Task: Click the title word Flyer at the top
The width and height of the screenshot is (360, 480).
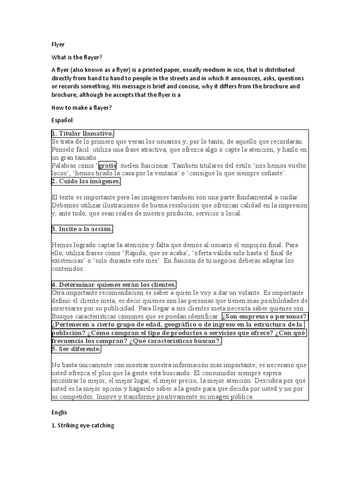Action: pos(58,45)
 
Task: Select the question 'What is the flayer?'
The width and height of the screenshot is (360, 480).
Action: pos(76,57)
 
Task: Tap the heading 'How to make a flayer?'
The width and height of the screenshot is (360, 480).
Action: pos(81,107)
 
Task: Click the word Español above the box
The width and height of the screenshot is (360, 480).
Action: pos(62,120)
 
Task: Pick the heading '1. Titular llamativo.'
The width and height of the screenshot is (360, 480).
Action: pos(82,134)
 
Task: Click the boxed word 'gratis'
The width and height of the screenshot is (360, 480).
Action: pos(107,165)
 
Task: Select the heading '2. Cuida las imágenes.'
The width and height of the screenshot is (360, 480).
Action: pos(86,181)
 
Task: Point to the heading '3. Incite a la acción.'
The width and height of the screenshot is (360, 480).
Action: pos(82,229)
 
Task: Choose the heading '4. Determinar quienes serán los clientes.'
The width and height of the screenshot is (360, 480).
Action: pos(114,285)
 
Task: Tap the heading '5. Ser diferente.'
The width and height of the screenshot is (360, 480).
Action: pos(76,349)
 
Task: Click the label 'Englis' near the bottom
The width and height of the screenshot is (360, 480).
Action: pos(60,412)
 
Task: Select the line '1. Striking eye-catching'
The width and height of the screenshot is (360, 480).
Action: pos(82,426)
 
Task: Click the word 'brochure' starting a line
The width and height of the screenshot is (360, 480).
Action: pos(64,94)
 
